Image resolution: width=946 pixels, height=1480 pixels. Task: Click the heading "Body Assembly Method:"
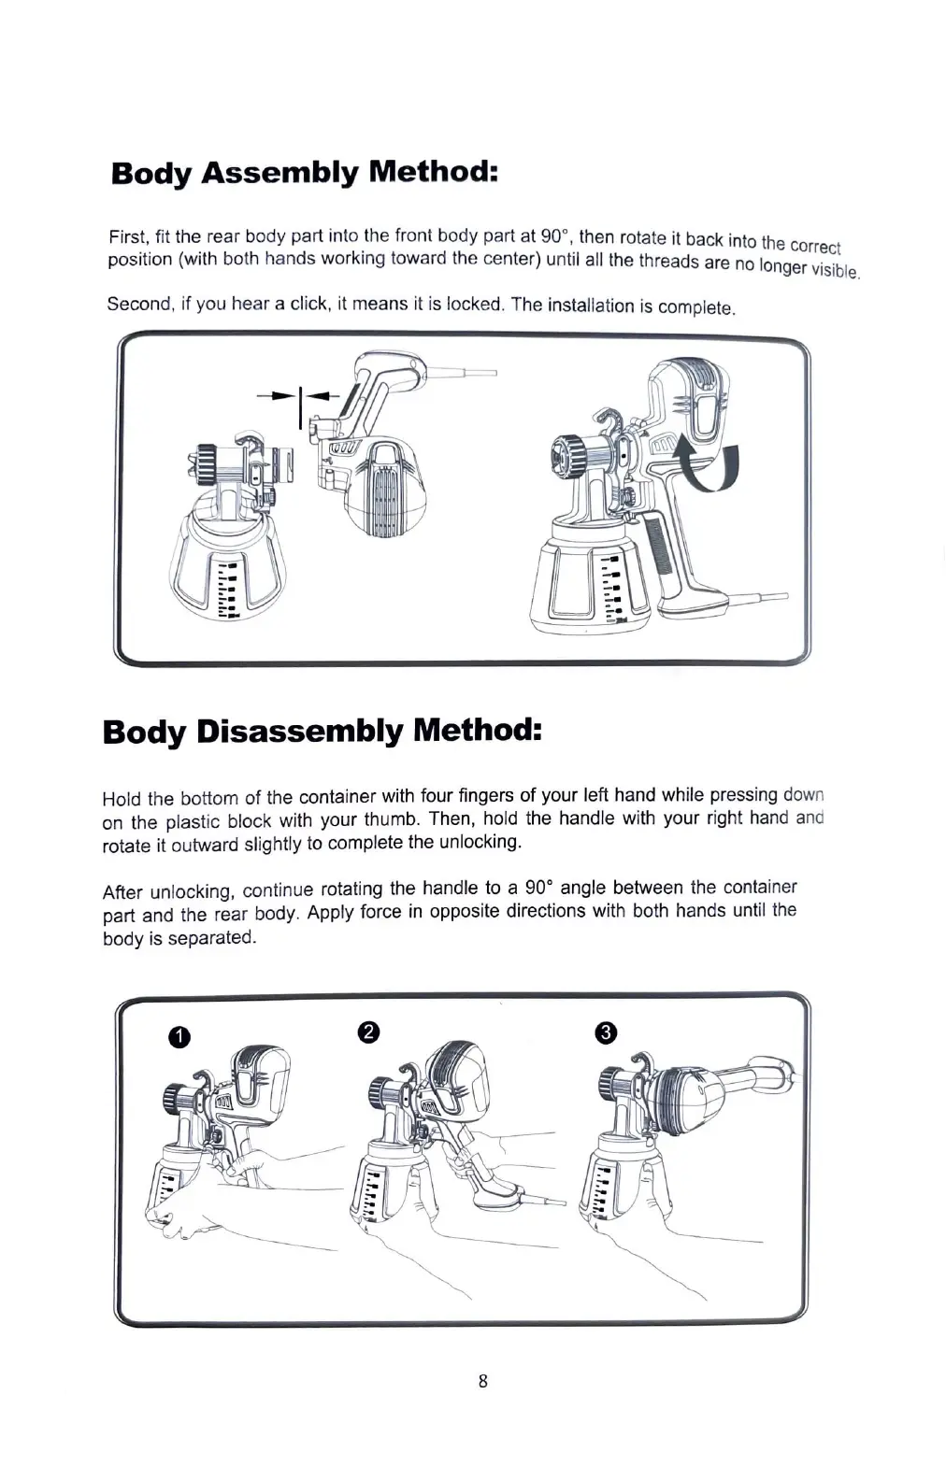(x=303, y=173)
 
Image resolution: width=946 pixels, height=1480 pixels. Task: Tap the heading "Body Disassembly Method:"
(x=322, y=731)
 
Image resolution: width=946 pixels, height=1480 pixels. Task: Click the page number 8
(x=482, y=1381)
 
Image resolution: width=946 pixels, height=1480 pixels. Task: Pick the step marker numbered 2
(x=368, y=1032)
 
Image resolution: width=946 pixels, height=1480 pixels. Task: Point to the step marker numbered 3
(x=606, y=1032)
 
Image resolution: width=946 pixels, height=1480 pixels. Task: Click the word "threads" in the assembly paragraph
(x=669, y=262)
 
